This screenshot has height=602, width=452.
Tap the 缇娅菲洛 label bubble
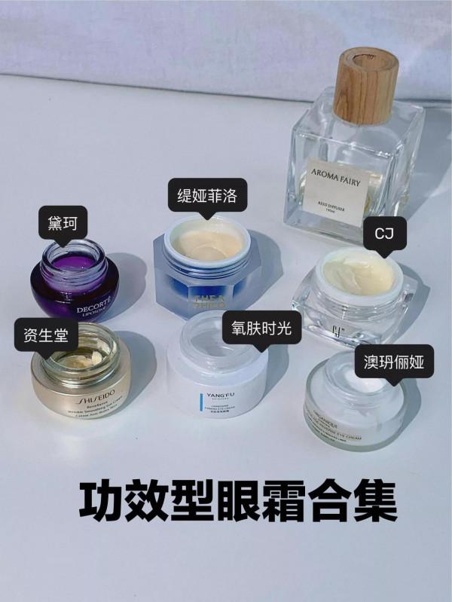(202, 197)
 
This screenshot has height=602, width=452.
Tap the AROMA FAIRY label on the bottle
(337, 175)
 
